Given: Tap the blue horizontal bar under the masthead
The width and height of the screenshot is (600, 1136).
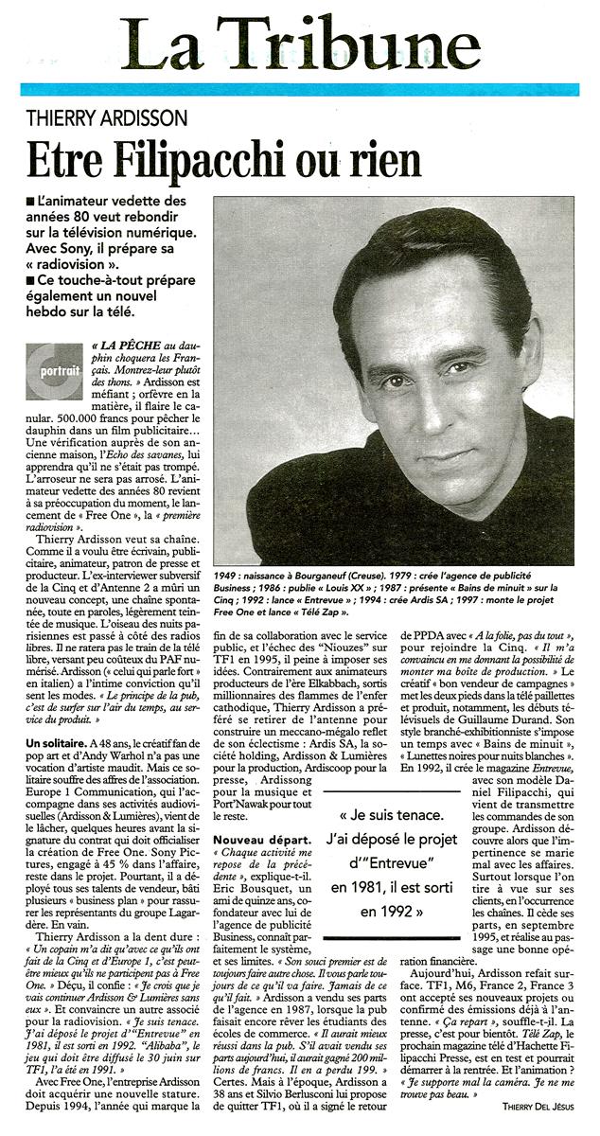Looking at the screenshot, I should pyautogui.click(x=299, y=89).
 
